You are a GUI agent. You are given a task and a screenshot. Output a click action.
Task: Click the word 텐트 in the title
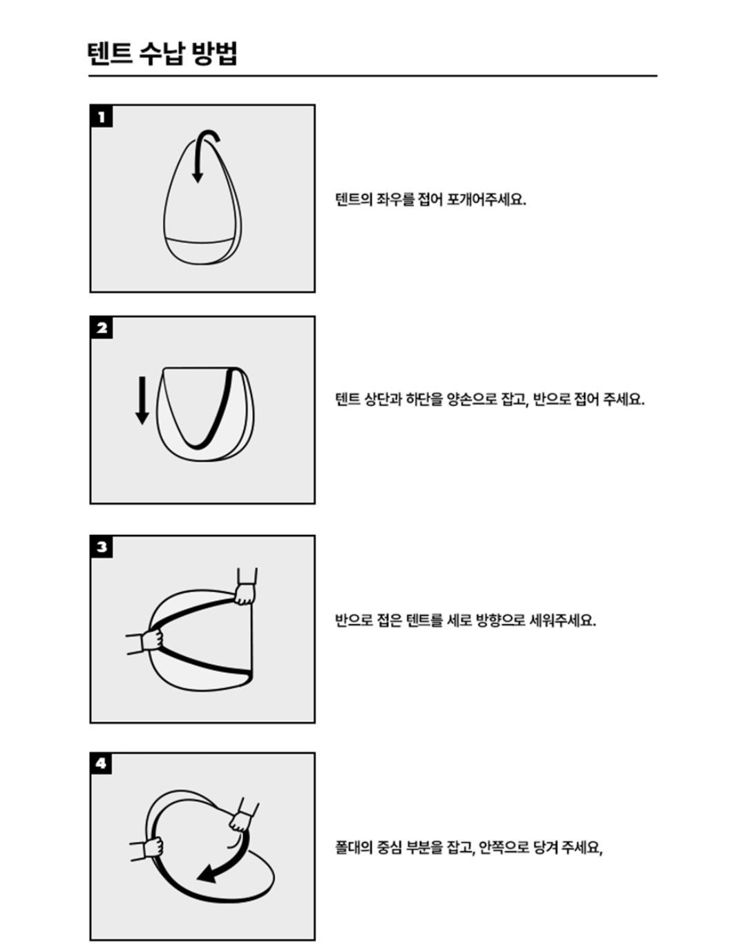pyautogui.click(x=110, y=54)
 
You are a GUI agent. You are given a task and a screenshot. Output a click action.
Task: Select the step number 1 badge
pyautogui.click(x=102, y=117)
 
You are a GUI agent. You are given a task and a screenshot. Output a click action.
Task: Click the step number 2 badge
pyautogui.click(x=102, y=328)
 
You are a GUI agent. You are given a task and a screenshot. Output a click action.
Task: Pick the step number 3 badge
pyautogui.click(x=102, y=547)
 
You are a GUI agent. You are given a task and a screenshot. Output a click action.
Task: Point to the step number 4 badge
pyautogui.click(x=101, y=764)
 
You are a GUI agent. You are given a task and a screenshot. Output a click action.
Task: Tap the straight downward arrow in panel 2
pyautogui.click(x=142, y=400)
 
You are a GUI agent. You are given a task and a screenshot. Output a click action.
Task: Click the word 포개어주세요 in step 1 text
pyautogui.click(x=486, y=200)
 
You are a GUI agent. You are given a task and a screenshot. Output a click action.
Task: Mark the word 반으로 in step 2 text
pyautogui.click(x=552, y=399)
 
